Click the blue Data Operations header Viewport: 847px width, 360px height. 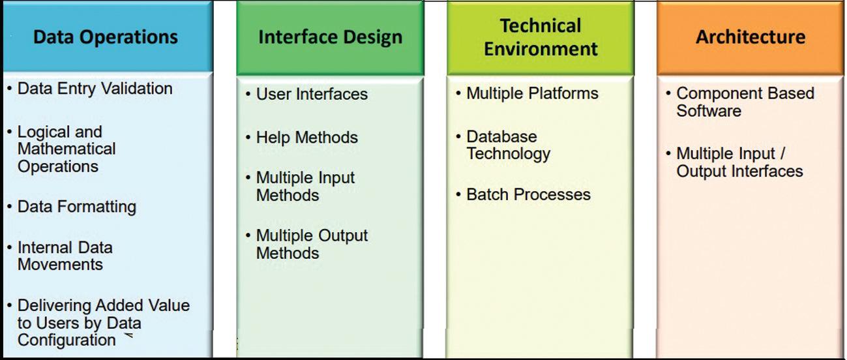(x=106, y=37)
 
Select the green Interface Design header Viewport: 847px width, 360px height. (x=330, y=37)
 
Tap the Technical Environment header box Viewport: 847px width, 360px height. (x=541, y=37)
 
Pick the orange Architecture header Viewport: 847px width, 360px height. (x=750, y=37)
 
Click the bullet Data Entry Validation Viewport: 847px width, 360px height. (x=95, y=89)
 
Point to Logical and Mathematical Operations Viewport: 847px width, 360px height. (x=67, y=149)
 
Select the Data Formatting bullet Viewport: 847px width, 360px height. (x=77, y=207)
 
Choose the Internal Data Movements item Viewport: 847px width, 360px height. (x=65, y=256)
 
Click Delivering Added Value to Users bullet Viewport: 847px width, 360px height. (x=103, y=323)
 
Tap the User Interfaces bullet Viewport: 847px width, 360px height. (x=312, y=95)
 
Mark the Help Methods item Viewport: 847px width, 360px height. (x=307, y=138)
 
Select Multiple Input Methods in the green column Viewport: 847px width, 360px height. (x=305, y=187)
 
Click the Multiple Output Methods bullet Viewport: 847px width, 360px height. (x=312, y=244)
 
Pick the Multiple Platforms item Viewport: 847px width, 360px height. (x=532, y=94)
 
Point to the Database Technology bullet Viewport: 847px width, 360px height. (x=509, y=145)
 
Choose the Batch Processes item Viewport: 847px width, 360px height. (x=528, y=195)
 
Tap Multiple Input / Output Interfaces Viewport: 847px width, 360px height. (x=739, y=162)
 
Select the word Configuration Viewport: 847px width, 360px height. (x=67, y=340)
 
